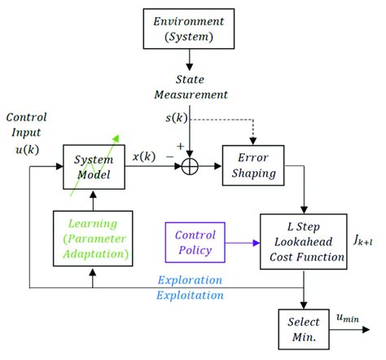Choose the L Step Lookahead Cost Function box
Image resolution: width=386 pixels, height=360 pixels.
coord(302,242)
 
